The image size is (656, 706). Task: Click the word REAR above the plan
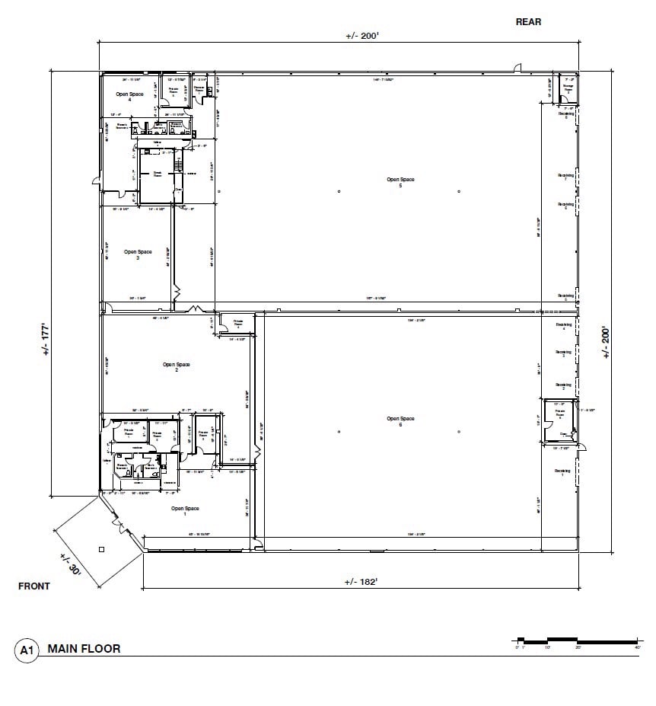point(528,22)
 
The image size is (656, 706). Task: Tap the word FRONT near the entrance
point(33,586)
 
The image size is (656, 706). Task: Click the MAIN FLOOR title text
point(84,649)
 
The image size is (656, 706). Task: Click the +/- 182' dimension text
point(361,582)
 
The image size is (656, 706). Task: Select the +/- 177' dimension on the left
point(46,339)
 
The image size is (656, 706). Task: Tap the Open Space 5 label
point(400,182)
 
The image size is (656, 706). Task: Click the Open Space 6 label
point(400,421)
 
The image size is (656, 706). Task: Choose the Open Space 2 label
point(176,367)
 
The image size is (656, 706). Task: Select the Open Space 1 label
point(185,511)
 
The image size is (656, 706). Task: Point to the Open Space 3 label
point(139,254)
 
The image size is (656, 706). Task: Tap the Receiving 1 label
point(563,473)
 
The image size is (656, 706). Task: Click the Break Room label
point(158,174)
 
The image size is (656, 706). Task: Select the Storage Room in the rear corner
point(568,88)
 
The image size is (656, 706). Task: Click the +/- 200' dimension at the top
point(361,36)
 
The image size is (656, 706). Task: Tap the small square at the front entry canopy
point(101,548)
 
